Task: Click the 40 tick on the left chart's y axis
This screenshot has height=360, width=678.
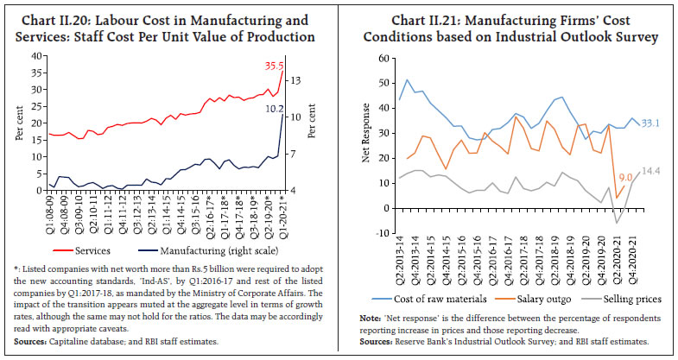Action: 36,54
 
